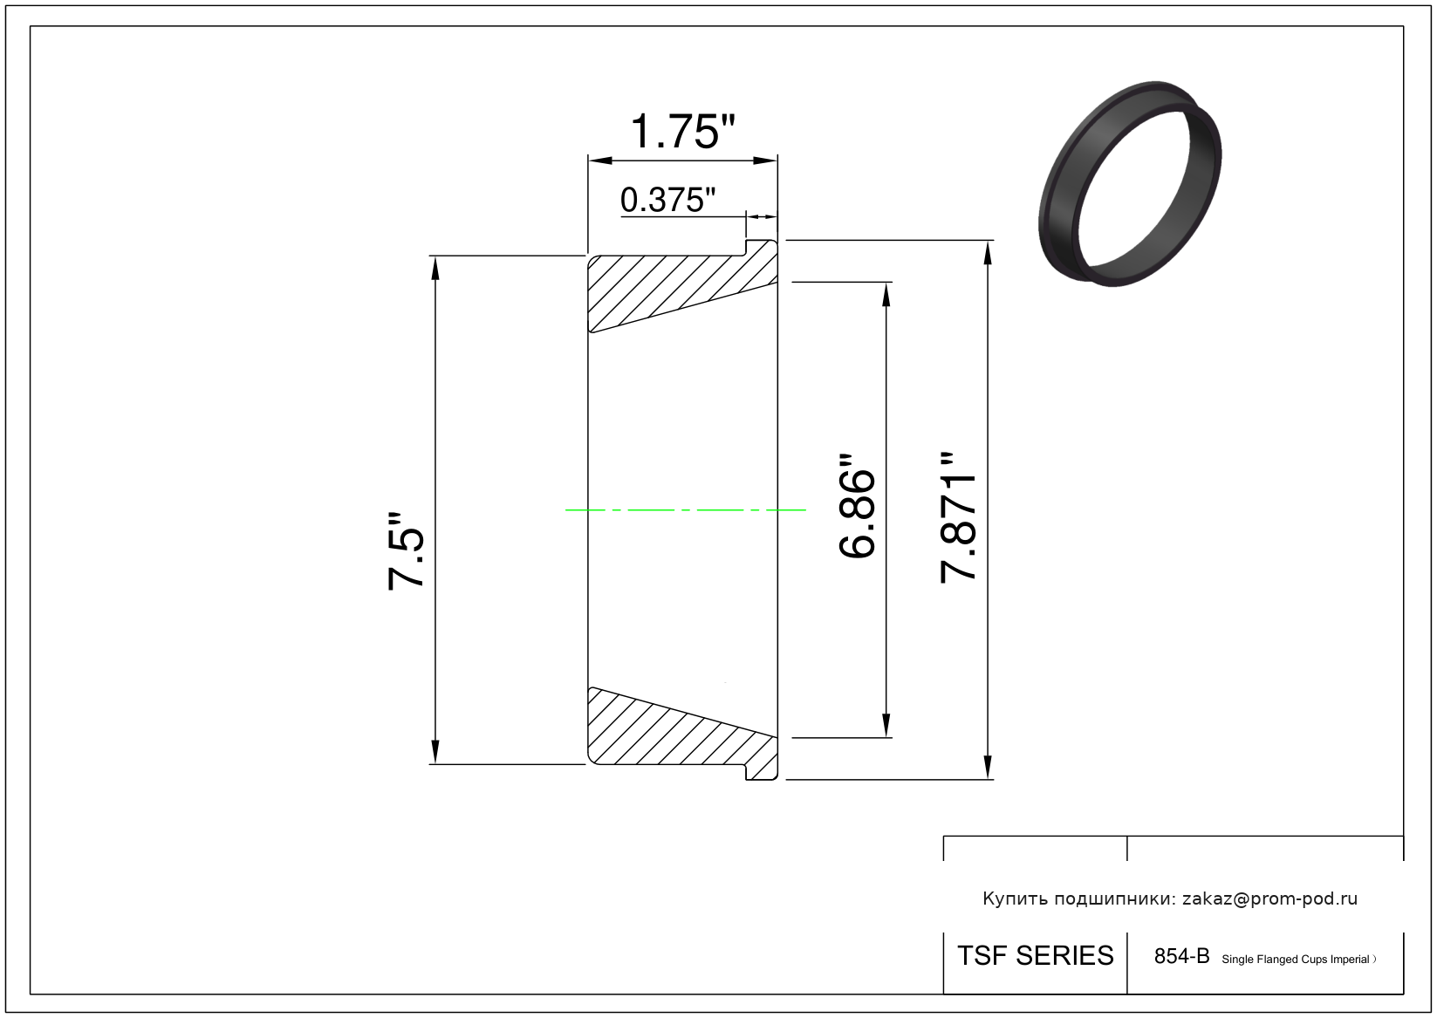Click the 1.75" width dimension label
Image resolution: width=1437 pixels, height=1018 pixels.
click(x=682, y=132)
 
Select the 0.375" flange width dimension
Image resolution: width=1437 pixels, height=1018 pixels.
click(x=667, y=200)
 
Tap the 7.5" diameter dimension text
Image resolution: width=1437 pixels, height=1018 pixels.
click(x=406, y=551)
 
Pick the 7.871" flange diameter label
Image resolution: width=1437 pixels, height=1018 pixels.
click(x=958, y=517)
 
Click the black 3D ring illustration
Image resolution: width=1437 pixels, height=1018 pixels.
click(x=1130, y=183)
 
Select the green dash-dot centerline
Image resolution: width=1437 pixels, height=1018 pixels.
click(x=685, y=510)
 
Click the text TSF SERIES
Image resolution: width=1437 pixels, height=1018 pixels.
click(x=1036, y=956)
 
